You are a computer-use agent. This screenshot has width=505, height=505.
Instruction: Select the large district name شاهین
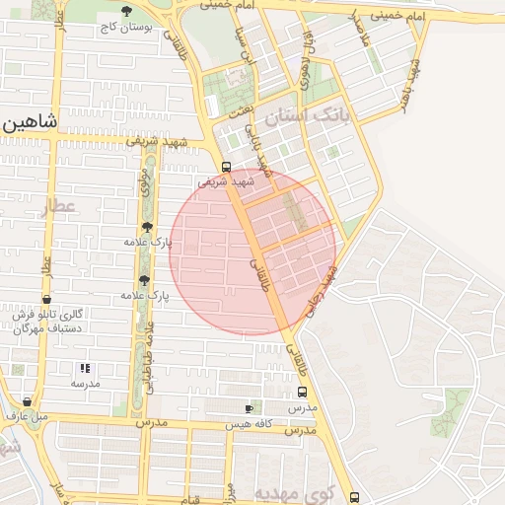[x=30, y=122]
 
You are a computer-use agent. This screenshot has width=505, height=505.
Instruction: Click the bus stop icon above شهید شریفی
[x=227, y=166]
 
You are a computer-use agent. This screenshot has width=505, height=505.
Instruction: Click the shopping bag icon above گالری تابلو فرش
[x=46, y=300]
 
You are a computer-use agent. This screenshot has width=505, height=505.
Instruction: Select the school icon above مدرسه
[x=83, y=367]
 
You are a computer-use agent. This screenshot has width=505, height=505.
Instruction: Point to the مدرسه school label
[x=85, y=382]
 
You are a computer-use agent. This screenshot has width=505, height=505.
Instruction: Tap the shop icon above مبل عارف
[x=28, y=402]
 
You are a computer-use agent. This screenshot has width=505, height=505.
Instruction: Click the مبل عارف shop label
[x=28, y=416]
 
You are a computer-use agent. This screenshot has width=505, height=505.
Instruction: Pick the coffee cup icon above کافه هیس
[x=250, y=408]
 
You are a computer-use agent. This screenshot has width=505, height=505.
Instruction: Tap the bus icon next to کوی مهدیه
[x=354, y=497]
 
